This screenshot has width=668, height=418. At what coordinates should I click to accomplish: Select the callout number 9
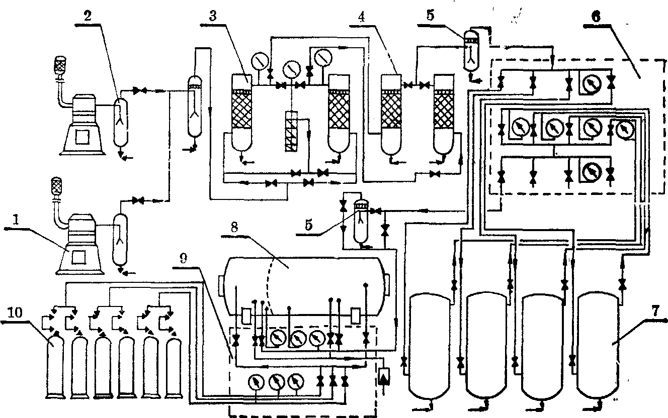tap(184, 258)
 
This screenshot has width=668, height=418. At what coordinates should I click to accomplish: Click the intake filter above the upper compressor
tap(61, 66)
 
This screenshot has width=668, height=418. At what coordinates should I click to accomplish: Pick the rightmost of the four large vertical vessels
tap(599, 347)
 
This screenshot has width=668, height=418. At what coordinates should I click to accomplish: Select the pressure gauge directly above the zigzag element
tap(291, 68)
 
